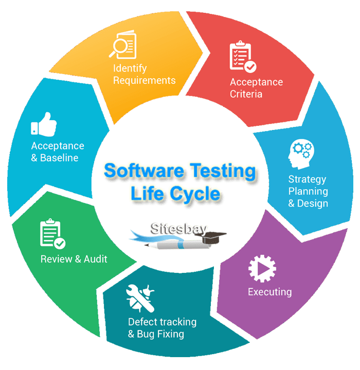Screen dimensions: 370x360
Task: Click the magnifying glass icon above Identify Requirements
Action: [x=122, y=45]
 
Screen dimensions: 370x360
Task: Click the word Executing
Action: [x=269, y=292]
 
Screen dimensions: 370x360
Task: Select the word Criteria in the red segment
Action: [x=246, y=94]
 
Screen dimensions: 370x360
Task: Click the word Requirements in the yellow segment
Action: [x=145, y=80]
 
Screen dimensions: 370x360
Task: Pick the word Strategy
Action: [x=307, y=179]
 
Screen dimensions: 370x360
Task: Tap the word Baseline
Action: [x=60, y=158]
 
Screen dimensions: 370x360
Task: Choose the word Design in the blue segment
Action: [x=313, y=203]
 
